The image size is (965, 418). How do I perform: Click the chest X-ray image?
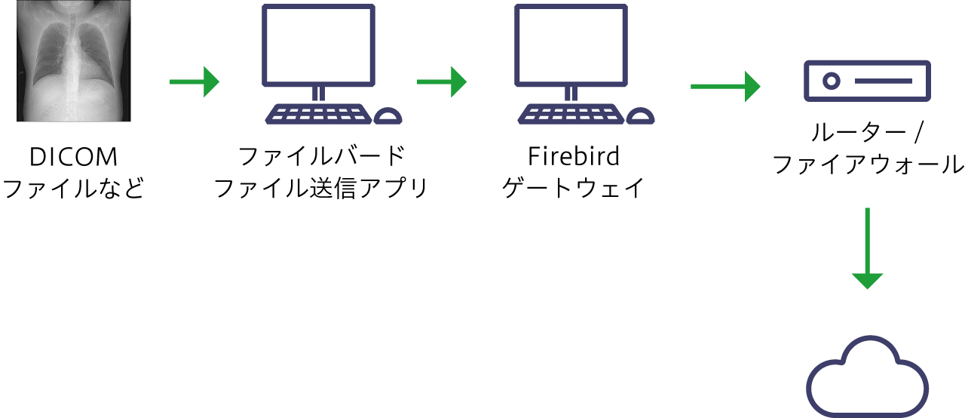pos(74,60)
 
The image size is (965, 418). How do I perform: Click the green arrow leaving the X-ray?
pos(193,81)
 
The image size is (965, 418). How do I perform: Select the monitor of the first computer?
pos(318,45)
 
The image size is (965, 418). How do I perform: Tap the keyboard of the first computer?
pos(318,114)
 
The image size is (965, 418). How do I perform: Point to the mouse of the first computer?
pos(388,115)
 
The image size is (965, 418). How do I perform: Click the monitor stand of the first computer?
pos(318,94)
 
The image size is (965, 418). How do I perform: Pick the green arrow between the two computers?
pos(440,81)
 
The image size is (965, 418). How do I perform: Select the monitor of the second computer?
pos(571,45)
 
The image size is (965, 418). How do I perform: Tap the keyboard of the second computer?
pos(571,114)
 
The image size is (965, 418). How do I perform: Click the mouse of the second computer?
pos(641,115)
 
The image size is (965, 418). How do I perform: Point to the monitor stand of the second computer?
pos(571,94)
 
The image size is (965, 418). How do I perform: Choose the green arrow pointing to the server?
pos(724,86)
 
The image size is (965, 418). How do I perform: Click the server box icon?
pos(867,81)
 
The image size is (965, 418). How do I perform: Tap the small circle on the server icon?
pos(831,81)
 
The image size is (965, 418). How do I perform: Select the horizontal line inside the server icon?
pos(884,81)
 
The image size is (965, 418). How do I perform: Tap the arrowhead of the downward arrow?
pos(867,280)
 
